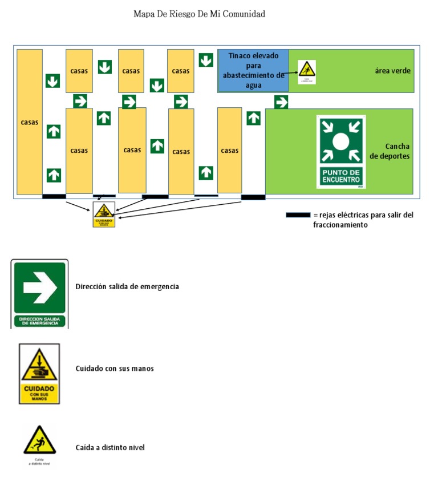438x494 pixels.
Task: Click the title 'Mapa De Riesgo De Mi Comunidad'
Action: click(199, 14)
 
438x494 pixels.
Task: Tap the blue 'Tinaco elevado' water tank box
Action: click(253, 70)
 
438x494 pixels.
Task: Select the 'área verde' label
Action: click(392, 71)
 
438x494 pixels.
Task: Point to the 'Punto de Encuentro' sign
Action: click(341, 152)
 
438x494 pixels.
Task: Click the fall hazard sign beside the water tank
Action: click(307, 72)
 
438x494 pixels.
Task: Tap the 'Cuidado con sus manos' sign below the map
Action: click(104, 214)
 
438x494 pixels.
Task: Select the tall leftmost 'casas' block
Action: click(29, 122)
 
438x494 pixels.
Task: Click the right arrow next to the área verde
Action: click(281, 102)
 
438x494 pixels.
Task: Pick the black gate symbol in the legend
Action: click(298, 215)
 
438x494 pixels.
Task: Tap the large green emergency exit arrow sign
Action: click(39, 294)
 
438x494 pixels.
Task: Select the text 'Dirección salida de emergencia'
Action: click(127, 286)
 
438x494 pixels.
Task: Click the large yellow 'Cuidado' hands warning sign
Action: click(39, 374)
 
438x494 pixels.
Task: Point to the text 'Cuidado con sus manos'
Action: click(115, 369)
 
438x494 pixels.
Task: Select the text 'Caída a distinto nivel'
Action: click(110, 448)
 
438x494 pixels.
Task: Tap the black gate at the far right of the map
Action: click(253, 197)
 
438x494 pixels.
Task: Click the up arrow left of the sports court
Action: click(253, 118)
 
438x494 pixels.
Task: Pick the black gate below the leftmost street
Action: click(54, 196)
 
